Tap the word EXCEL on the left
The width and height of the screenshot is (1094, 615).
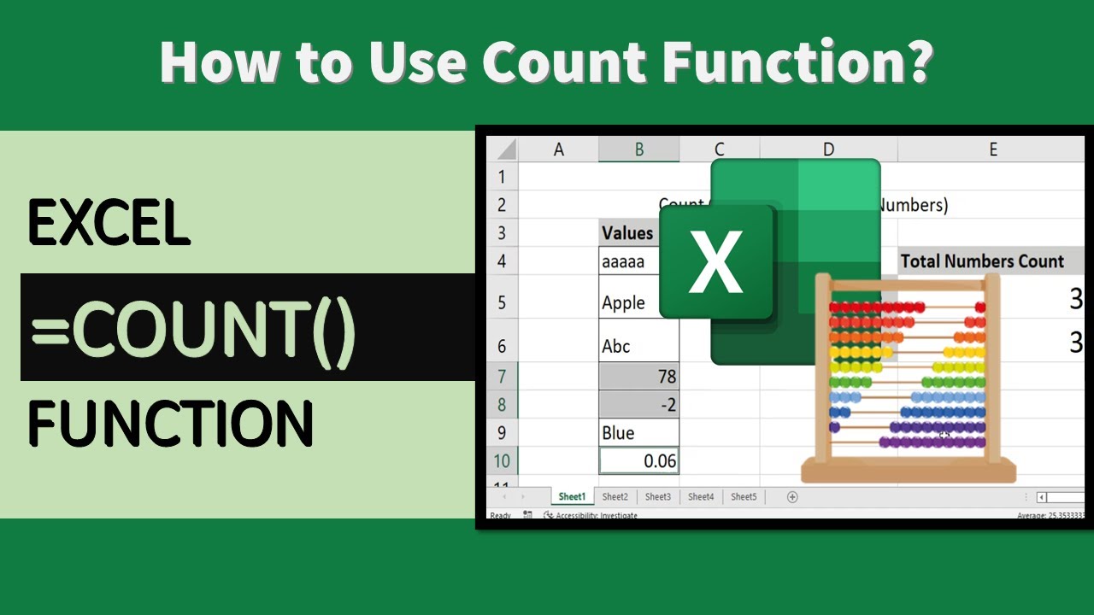(x=109, y=224)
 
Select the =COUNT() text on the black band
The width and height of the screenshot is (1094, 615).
(x=193, y=328)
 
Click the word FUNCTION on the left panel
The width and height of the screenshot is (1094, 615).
(x=171, y=424)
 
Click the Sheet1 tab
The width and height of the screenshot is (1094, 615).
(x=572, y=496)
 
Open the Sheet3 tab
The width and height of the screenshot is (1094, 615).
(x=657, y=496)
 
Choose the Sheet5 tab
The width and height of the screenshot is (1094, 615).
(x=744, y=496)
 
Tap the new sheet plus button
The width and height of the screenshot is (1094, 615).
(x=792, y=496)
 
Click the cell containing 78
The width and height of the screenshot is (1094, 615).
(x=639, y=376)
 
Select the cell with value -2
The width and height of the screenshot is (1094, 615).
(x=639, y=404)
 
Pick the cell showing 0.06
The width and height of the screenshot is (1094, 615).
(x=639, y=461)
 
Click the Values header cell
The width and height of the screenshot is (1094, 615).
(x=627, y=232)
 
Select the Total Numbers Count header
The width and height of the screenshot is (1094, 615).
(x=982, y=261)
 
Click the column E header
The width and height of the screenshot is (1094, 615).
(x=992, y=149)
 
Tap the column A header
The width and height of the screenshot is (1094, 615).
(x=559, y=149)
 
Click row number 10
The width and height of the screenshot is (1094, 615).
(x=501, y=461)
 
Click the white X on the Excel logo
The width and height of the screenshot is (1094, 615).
(x=715, y=261)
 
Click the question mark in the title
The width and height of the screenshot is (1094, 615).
(x=917, y=61)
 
